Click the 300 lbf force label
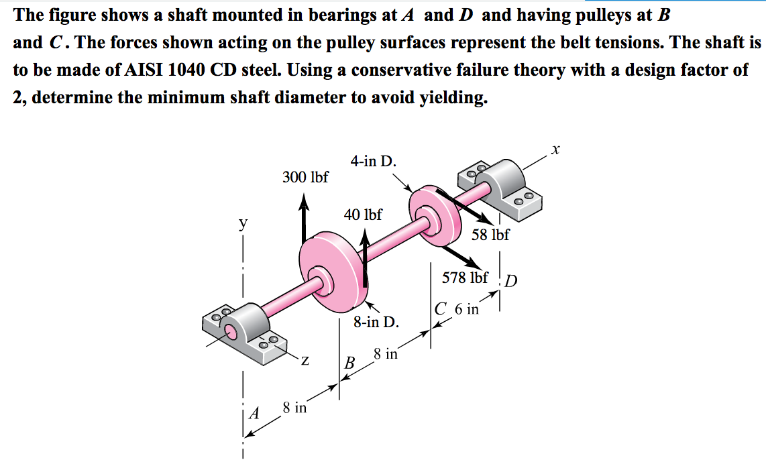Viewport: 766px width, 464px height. pyautogui.click(x=305, y=177)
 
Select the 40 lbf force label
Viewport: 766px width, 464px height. pyautogui.click(x=363, y=215)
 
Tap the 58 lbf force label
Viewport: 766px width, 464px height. pyautogui.click(x=490, y=235)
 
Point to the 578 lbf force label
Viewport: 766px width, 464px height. pyautogui.click(x=465, y=278)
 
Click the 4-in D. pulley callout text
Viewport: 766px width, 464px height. pyautogui.click(x=373, y=161)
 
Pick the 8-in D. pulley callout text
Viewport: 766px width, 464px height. pyautogui.click(x=376, y=322)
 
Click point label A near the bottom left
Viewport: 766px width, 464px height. pyautogui.click(x=254, y=414)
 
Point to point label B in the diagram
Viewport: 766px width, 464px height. pyautogui.click(x=349, y=364)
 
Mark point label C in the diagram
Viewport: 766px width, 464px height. pyautogui.click(x=440, y=310)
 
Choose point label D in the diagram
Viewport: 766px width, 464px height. pyautogui.click(x=510, y=280)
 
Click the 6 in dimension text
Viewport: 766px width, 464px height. pyautogui.click(x=467, y=309)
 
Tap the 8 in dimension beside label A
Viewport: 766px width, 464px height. pyautogui.click(x=294, y=407)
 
